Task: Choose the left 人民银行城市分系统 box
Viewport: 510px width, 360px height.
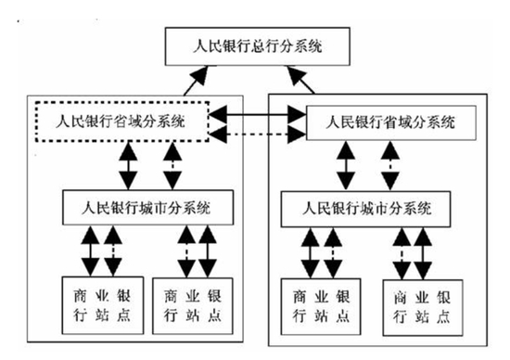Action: point(148,205)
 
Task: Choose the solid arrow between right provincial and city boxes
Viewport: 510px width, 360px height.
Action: point(346,168)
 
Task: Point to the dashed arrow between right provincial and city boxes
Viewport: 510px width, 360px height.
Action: point(389,168)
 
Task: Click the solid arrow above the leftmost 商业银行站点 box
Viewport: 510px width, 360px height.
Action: point(90,249)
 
